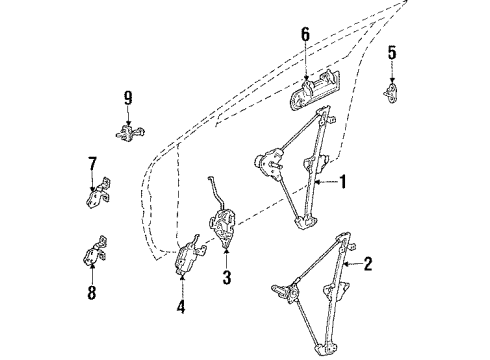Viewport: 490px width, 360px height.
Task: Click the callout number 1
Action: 343,182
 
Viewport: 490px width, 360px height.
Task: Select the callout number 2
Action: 368,264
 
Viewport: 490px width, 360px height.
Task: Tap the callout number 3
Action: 227,277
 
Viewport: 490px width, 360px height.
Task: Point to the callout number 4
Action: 181,306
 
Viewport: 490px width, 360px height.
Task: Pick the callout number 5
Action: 392,53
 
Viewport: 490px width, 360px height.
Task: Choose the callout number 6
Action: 305,35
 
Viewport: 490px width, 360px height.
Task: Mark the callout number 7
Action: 92,164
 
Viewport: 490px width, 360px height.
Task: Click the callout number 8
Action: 92,293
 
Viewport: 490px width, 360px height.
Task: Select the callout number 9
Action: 128,98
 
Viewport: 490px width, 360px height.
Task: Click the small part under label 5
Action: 392,93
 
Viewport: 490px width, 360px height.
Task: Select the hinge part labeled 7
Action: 98,193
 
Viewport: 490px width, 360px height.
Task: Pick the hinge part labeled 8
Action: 95,252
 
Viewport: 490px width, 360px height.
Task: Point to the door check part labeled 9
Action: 130,132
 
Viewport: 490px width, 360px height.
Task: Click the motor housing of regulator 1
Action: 270,162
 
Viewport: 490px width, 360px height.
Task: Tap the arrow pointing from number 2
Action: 353,264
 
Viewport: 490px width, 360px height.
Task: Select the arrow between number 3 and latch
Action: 227,258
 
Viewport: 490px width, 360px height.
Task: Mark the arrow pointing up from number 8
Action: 92,273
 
